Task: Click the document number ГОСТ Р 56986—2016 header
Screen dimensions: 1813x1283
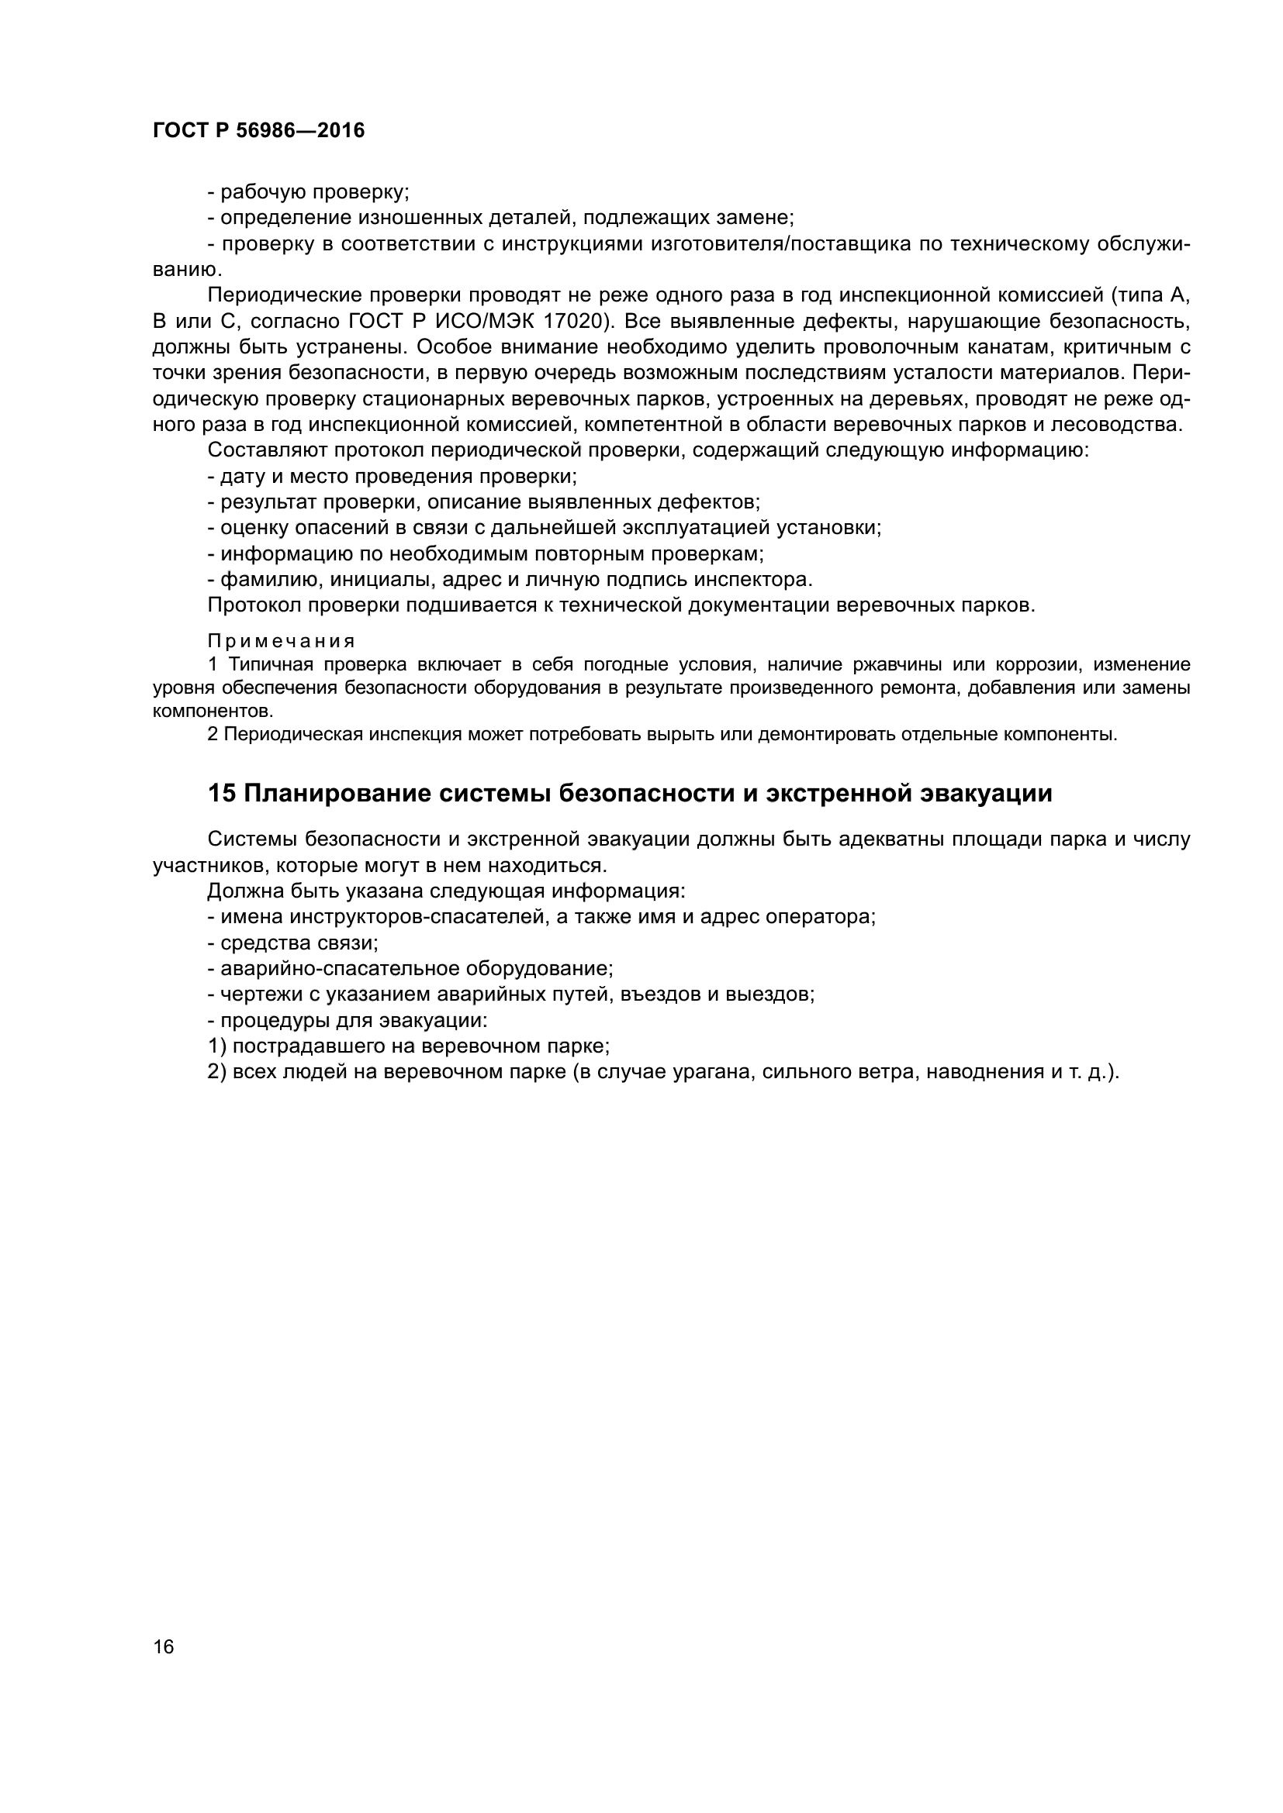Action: pos(258,131)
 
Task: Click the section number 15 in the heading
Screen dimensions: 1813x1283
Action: pos(221,794)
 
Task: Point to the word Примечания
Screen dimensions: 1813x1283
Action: pos(282,640)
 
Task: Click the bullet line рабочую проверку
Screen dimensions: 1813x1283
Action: pos(308,192)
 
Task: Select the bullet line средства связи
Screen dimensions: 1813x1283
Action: pos(293,943)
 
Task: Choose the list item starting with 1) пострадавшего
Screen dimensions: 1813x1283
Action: pos(409,1046)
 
